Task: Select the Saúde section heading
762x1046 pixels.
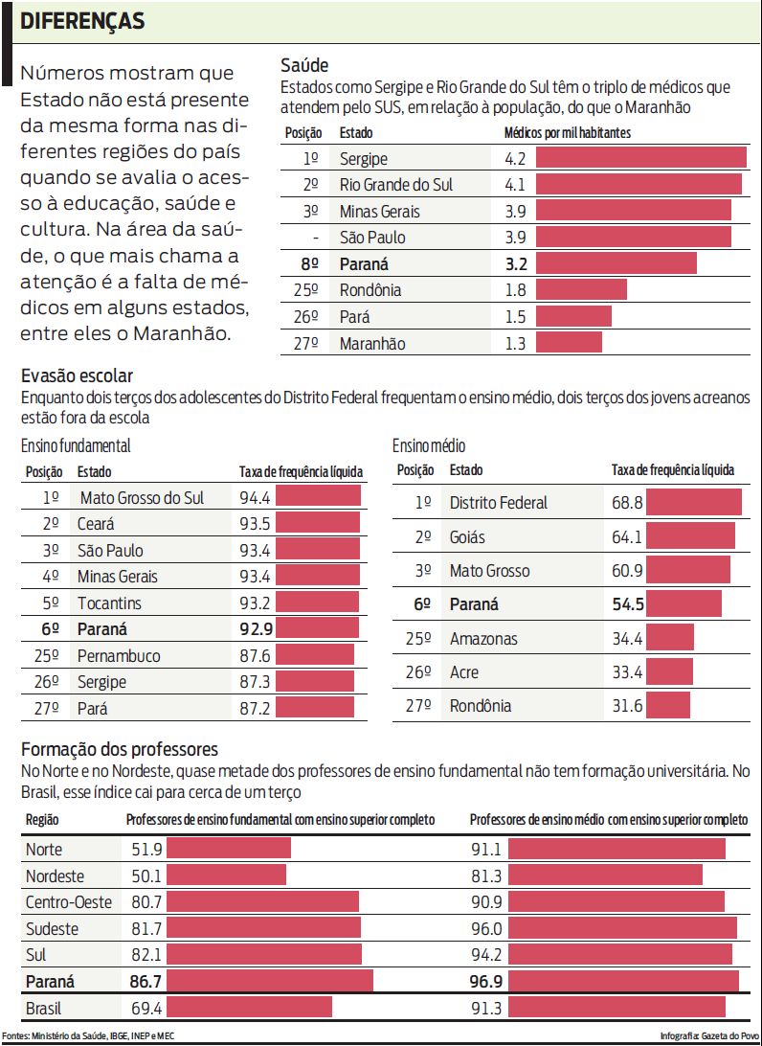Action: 304,65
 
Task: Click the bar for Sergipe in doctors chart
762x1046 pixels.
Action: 640,158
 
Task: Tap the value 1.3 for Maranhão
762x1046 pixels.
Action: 515,343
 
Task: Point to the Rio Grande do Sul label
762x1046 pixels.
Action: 396,185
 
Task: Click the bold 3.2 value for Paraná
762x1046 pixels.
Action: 515,263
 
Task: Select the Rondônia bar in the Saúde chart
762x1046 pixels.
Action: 580,290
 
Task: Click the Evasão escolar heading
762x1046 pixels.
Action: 77,376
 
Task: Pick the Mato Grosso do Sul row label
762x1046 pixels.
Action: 142,497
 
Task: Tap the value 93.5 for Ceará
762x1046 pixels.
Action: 255,524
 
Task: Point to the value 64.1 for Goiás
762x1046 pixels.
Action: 627,537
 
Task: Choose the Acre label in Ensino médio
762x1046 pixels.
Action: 465,672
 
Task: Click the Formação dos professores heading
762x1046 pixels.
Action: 120,749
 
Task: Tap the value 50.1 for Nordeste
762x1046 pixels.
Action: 146,875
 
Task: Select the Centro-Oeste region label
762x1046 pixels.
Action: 69,902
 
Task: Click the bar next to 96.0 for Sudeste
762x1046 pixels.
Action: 622,928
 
